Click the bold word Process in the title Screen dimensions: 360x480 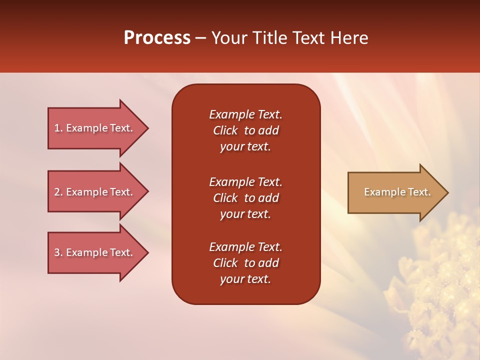tap(157, 38)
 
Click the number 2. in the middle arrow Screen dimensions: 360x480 tap(58, 192)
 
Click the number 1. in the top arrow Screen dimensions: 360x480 tap(58, 128)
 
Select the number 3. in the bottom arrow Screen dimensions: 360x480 tap(58, 252)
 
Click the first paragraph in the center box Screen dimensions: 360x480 tap(245, 130)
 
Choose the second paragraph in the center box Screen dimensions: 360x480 tap(245, 198)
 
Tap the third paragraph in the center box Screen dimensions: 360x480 tap(245, 263)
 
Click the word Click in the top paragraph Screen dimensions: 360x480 tap(225, 130)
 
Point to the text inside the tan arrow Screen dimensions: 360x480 tap(397, 192)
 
